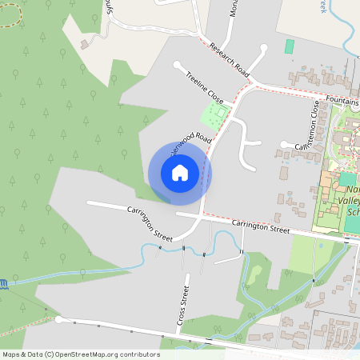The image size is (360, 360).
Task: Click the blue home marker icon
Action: [180, 173]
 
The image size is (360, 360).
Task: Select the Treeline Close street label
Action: [205, 87]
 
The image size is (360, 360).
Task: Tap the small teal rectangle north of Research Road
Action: [289, 46]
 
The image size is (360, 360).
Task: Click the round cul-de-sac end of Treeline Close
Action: [177, 65]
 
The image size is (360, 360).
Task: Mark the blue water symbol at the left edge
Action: [3, 282]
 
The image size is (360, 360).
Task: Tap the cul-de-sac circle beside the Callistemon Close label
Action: [283, 144]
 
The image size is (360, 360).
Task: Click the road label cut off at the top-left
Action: [109, 8]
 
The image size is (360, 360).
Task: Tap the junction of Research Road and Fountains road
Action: [252, 82]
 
